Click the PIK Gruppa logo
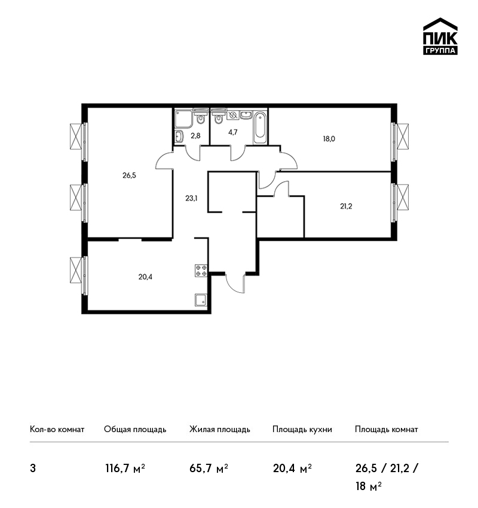(x=440, y=36)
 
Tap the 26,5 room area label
(x=129, y=175)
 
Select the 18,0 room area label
(x=329, y=139)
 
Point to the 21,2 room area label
(x=346, y=206)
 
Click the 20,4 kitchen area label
(x=145, y=277)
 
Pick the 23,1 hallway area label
(x=191, y=198)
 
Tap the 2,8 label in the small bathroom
(x=195, y=136)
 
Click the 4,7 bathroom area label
(x=232, y=132)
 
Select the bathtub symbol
(x=260, y=127)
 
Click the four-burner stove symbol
(x=201, y=271)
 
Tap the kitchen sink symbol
(x=201, y=300)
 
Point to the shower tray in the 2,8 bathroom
(x=183, y=119)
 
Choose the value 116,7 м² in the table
(x=125, y=468)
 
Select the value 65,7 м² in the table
(x=209, y=468)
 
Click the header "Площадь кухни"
(x=302, y=429)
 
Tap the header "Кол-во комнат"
(x=57, y=429)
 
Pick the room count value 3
(x=33, y=469)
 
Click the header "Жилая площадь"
(x=219, y=429)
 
